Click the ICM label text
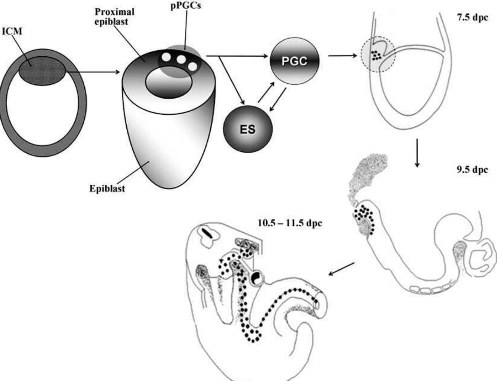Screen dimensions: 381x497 (12, 31)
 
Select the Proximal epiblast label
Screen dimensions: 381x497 (114, 16)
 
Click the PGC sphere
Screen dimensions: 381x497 (294, 61)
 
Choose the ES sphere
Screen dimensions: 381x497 (248, 129)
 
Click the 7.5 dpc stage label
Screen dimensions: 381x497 (472, 17)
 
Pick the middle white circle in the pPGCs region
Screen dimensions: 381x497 (181, 59)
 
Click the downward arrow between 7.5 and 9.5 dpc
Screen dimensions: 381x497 (416, 153)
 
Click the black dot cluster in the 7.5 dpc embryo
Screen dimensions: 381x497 (376, 55)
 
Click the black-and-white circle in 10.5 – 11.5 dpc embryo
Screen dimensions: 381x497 (257, 278)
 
